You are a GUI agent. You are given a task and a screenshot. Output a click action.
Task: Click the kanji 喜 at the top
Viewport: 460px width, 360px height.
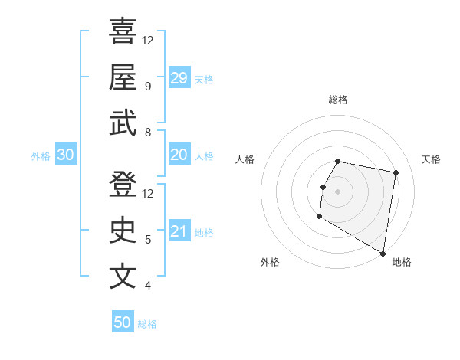click(123, 31)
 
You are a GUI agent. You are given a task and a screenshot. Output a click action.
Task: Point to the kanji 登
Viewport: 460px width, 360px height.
click(123, 185)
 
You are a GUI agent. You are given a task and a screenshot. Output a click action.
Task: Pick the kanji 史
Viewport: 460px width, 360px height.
click(123, 231)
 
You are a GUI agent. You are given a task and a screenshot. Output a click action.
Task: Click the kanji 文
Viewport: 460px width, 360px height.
click(123, 277)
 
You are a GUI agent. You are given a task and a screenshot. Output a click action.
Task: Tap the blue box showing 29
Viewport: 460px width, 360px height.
click(179, 77)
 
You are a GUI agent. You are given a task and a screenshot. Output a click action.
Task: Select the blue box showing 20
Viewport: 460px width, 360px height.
click(179, 155)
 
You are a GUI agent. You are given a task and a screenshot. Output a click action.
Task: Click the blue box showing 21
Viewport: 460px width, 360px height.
click(179, 232)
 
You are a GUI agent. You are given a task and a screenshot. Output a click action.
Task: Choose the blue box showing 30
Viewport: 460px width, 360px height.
click(65, 155)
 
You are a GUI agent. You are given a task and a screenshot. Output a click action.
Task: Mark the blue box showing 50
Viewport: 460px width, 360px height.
click(123, 322)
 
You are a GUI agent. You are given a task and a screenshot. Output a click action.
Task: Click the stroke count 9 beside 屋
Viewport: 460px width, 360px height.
click(147, 86)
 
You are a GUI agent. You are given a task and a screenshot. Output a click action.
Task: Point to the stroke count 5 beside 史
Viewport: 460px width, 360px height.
click(147, 240)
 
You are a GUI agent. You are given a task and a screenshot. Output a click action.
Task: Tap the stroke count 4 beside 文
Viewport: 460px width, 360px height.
click(147, 286)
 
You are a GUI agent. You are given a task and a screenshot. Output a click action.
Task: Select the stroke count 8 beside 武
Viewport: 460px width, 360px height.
click(147, 133)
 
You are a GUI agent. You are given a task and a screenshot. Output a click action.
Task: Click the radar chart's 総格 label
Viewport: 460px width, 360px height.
click(337, 100)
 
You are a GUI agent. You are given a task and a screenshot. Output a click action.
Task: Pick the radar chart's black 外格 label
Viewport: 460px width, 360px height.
click(270, 262)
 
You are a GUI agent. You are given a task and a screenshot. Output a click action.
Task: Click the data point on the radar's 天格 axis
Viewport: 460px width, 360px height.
click(396, 174)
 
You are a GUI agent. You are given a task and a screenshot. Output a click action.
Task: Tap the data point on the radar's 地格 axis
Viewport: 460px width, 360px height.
click(383, 254)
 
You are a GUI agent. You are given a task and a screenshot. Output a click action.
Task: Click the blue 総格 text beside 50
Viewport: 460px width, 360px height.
click(147, 324)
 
